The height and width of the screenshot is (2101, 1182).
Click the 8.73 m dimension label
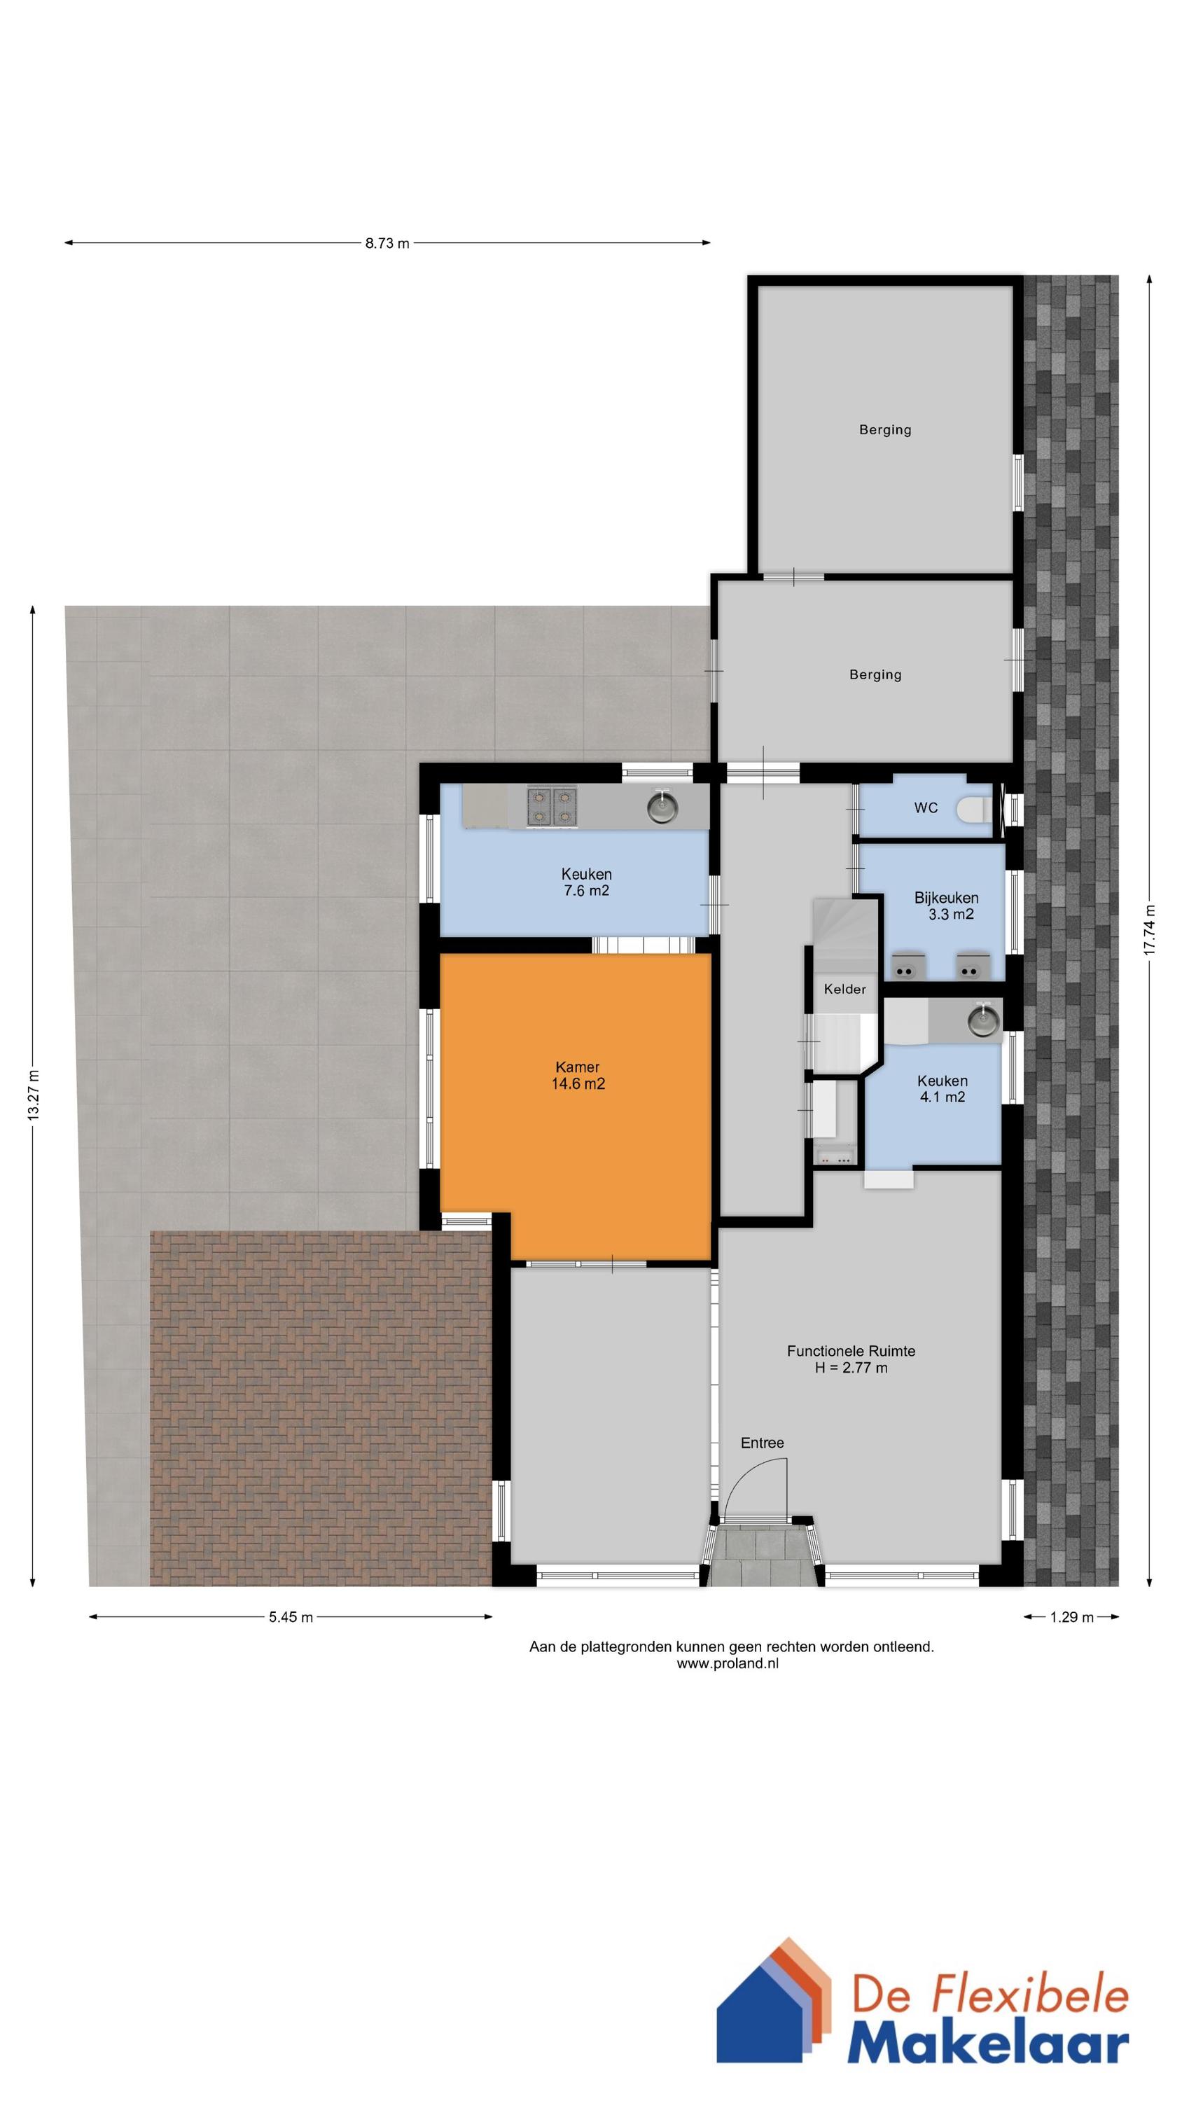tap(387, 243)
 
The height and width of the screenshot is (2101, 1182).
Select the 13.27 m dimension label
tap(34, 1095)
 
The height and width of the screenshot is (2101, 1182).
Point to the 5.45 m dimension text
tap(291, 1617)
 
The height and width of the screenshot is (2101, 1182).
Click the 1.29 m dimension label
tap(1071, 1617)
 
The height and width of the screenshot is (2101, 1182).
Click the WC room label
tap(926, 808)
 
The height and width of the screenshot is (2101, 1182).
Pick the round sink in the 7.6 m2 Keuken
tap(663, 807)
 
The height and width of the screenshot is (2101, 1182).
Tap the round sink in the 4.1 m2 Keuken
tap(983, 1020)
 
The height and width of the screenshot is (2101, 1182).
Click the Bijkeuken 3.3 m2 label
tap(946, 906)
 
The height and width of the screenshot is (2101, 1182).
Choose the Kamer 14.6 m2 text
tap(578, 1075)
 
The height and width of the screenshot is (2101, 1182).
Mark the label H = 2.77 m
tap(851, 1368)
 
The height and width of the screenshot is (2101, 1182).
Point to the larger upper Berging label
tap(885, 430)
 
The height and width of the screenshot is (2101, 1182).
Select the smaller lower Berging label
tap(875, 674)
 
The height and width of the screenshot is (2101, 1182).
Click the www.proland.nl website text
tap(728, 1664)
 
